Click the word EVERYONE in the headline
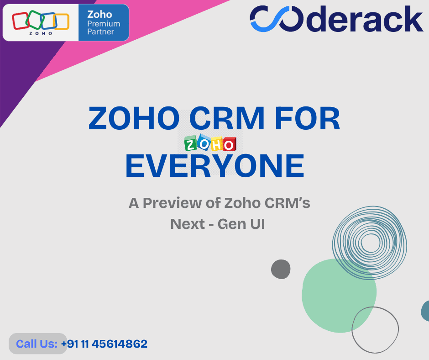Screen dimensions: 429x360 click(x=215, y=166)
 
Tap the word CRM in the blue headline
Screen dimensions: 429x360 click(x=227, y=118)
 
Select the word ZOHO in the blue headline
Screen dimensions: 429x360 click(x=134, y=118)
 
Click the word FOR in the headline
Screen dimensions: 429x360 click(x=307, y=118)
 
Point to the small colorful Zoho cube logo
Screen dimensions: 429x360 click(x=210, y=143)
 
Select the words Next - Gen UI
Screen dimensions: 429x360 click(x=218, y=224)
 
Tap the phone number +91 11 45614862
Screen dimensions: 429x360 click(x=104, y=344)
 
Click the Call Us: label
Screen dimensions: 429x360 click(x=37, y=344)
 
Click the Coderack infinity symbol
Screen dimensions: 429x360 click(x=277, y=19)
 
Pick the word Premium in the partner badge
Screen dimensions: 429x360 click(x=104, y=24)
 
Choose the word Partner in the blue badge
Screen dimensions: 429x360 click(x=100, y=32)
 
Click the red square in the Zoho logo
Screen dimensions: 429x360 click(x=20, y=21)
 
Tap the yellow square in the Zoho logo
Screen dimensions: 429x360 click(x=61, y=21)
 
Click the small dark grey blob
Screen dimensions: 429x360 click(x=281, y=270)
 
